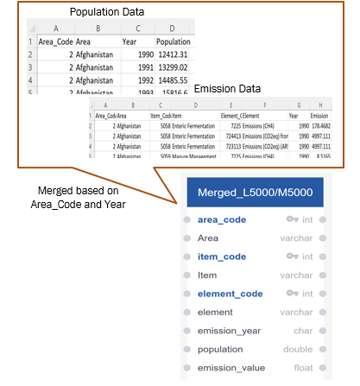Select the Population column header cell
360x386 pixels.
pos(174,41)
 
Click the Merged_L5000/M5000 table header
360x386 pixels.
pos(254,193)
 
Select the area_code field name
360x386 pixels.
pos(223,219)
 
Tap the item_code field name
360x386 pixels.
pos(223,256)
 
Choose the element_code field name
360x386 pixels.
pos(230,294)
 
